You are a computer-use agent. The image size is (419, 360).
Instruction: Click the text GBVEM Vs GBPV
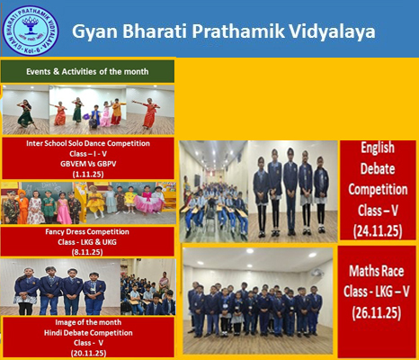pos(88,162)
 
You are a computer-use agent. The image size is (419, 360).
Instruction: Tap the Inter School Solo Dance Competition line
pos(88,142)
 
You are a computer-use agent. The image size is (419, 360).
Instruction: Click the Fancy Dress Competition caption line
pos(87,232)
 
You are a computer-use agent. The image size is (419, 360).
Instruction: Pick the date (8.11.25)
pos(87,252)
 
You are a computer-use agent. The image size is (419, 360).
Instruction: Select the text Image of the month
pos(87,323)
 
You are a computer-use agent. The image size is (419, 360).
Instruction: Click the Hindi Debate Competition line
pos(87,333)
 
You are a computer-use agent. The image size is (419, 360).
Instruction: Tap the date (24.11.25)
pos(378,229)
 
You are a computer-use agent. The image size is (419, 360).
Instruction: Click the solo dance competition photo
pos(88,109)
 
